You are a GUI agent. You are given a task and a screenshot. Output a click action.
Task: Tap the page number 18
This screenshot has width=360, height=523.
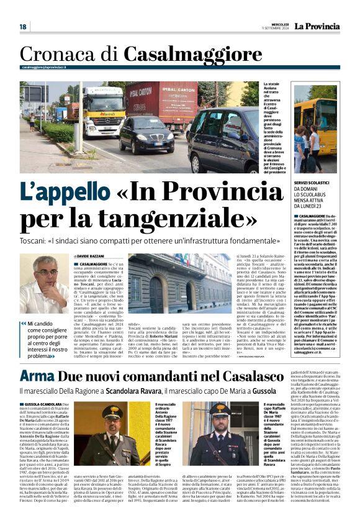point(23,27)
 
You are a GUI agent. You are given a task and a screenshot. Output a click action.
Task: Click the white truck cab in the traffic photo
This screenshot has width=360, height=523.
point(104,111)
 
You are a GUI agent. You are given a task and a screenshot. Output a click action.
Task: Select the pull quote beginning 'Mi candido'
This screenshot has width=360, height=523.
point(47,339)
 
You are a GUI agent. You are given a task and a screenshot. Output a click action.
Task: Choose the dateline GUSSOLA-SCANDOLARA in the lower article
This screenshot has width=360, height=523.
point(43,404)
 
